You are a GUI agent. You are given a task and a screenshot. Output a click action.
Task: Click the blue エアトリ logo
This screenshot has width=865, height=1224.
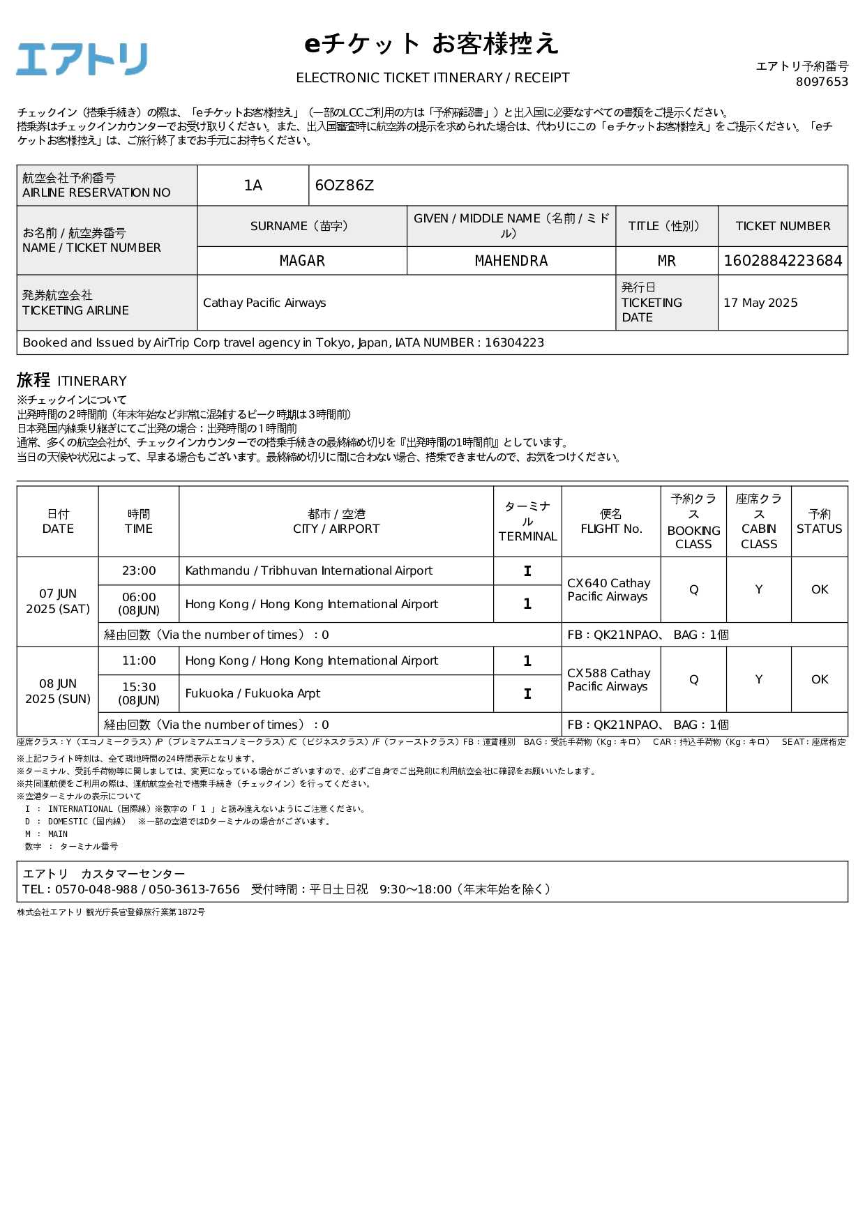82,59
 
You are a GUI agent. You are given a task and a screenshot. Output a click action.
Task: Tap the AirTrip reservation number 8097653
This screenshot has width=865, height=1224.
822,82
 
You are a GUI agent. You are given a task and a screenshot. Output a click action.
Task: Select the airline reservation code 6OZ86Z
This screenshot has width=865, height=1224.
345,186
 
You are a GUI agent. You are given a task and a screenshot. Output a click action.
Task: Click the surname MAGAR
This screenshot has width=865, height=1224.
302,261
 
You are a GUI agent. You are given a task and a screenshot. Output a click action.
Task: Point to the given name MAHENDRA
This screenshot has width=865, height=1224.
511,261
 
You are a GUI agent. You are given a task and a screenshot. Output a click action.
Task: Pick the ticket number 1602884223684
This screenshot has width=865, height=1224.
783,261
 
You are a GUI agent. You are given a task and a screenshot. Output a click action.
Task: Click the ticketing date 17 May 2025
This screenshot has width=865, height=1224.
760,303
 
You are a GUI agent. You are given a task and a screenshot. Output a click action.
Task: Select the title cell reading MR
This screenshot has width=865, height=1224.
666,261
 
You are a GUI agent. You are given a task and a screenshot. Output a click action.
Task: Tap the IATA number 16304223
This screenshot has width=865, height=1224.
514,342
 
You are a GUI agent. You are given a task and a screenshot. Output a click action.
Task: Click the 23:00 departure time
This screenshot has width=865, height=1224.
139,571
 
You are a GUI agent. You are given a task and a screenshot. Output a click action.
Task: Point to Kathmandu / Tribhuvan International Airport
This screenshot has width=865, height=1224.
308,571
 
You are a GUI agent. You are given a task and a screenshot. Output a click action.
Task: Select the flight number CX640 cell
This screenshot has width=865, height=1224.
609,589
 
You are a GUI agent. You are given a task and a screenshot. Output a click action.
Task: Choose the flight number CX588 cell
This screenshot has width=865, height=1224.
609,679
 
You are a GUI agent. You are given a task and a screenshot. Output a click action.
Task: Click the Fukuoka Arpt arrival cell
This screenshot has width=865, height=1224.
253,693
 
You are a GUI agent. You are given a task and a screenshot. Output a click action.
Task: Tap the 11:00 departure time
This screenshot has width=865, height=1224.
139,660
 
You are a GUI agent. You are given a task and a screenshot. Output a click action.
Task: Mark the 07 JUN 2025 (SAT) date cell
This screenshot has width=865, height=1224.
58,601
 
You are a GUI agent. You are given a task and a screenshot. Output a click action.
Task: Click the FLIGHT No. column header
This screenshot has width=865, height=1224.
611,522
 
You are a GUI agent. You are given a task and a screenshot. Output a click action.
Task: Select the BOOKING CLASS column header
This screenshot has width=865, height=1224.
693,522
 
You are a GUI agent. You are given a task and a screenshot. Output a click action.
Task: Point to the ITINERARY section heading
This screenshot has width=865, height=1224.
72,381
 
